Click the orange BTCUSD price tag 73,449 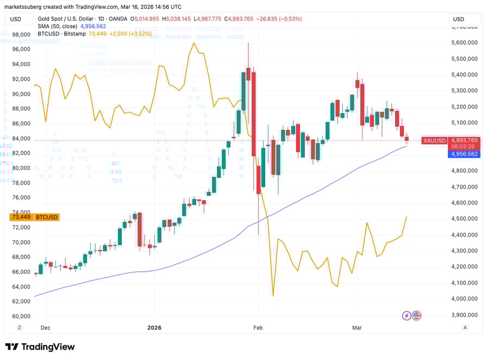coord(34,217)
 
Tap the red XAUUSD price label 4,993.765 coord(464,140)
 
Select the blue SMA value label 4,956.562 coord(464,154)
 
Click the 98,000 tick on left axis coord(21,34)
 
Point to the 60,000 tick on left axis coord(21,316)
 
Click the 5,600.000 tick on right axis coord(464,42)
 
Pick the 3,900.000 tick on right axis coord(464,315)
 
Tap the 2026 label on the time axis coord(154,327)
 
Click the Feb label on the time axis coord(258,327)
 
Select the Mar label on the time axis coord(357,327)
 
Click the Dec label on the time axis coord(46,327)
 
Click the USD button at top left coord(16,20)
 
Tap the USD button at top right coord(465,20)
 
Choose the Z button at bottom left coord(20,327)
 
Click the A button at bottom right coord(465,327)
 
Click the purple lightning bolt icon coord(407,315)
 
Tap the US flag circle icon coord(417,315)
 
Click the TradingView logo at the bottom coord(40,347)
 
